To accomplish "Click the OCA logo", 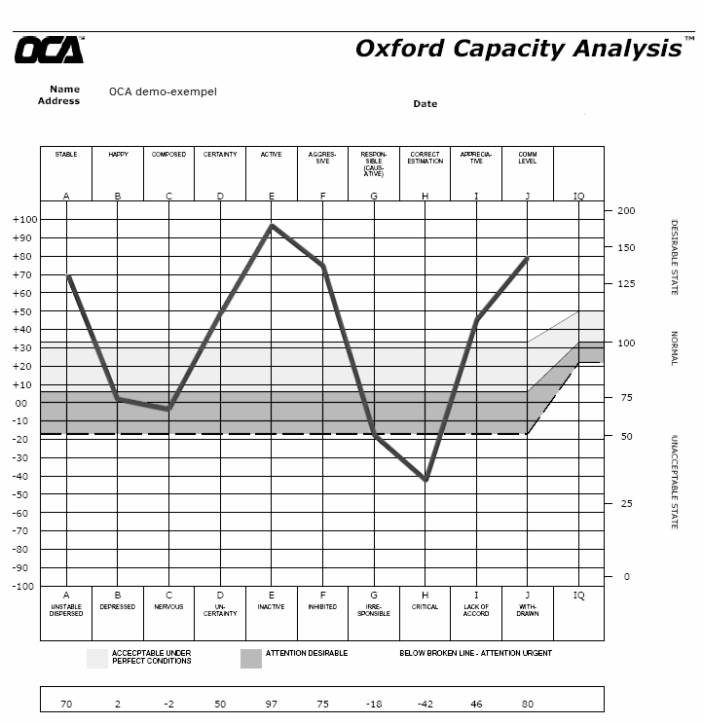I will coord(49,50).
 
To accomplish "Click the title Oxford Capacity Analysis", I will coord(517,49).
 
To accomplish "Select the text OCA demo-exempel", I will coord(163,92).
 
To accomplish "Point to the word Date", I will coord(425,104).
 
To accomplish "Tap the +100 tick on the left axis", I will coord(23,220).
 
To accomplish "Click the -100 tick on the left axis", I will coord(23,586).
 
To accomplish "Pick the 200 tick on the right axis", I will coord(625,211).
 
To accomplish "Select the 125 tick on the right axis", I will coord(625,284).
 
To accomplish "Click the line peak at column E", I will coord(272,226).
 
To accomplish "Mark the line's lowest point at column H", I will coord(425,480).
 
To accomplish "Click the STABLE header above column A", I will coord(66,155).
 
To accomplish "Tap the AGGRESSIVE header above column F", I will coord(322,158).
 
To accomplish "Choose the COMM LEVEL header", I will coord(528,158).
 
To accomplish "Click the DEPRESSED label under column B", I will coord(118,607).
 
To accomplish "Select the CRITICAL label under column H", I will coord(425,607).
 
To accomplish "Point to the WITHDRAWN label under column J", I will coord(528,610).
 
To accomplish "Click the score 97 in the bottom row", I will coord(272,704).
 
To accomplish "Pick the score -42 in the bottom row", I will coord(425,704).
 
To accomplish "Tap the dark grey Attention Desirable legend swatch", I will coord(251,659).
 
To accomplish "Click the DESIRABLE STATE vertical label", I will coord(674,257).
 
